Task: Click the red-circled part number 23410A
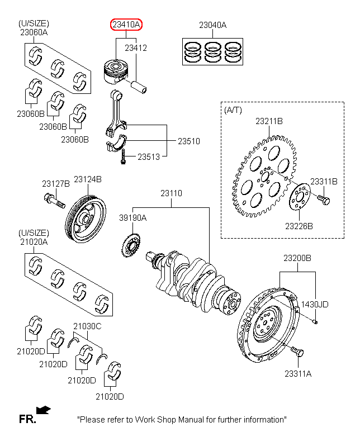click(126, 25)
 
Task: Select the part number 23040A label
click(213, 25)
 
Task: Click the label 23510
click(189, 141)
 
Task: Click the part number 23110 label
click(171, 193)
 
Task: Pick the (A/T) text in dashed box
click(233, 110)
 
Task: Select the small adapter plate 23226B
click(299, 198)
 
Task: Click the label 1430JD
click(315, 304)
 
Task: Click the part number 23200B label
click(297, 258)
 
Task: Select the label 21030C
click(87, 326)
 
